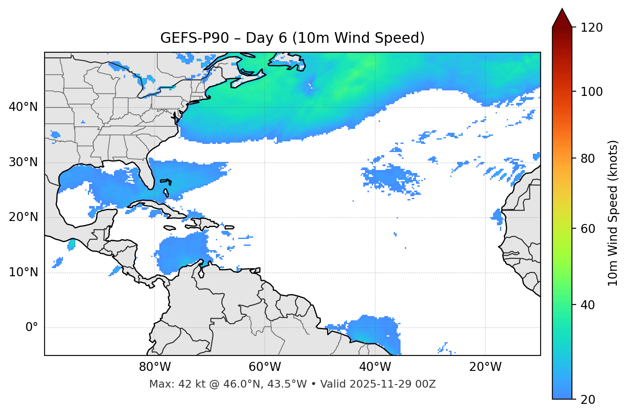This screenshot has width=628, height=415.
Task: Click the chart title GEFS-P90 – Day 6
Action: click(292, 38)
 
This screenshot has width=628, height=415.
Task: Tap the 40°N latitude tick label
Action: click(23, 107)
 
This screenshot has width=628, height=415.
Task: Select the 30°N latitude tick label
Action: click(23, 162)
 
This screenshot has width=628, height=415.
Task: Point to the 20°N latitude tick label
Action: click(23, 217)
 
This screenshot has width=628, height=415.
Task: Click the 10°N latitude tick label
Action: click(23, 272)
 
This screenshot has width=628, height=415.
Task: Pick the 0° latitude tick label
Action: click(32, 327)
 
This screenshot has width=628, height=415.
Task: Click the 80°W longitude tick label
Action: click(155, 367)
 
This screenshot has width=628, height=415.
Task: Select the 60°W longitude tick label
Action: click(265, 367)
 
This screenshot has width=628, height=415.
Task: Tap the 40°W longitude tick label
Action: click(375, 367)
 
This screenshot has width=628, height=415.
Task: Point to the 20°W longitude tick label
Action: click(485, 367)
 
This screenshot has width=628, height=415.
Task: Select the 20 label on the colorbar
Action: click(588, 400)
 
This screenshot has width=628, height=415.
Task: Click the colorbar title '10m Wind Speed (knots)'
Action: click(613, 213)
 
